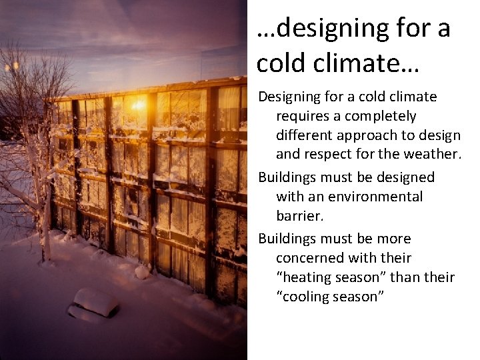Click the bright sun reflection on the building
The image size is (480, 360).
[x=138, y=105]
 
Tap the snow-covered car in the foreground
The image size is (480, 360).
[x=95, y=303]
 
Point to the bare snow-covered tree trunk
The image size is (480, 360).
[x=45, y=220]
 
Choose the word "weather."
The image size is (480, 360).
[x=435, y=155]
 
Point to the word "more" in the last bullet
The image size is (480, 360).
[x=393, y=239]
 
